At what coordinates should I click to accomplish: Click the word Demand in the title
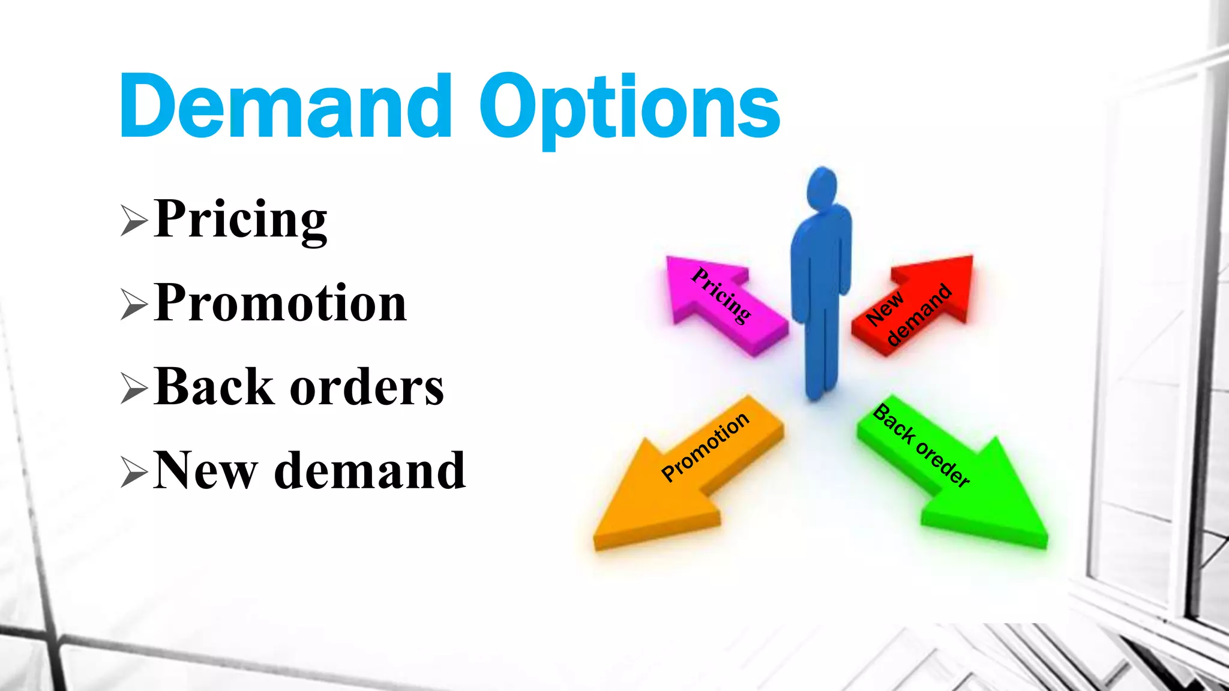[x=285, y=107]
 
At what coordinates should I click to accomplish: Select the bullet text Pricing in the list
[x=240, y=220]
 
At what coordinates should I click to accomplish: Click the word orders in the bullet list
[x=367, y=388]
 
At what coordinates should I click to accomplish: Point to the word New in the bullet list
[x=205, y=471]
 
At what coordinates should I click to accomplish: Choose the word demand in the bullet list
[x=370, y=471]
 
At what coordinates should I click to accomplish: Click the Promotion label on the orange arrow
[x=705, y=446]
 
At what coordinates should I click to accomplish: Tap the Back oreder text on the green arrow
[x=921, y=445]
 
